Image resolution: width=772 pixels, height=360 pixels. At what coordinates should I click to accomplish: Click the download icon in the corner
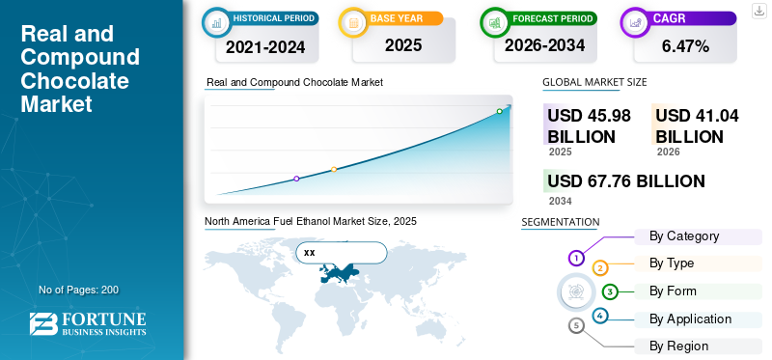pyautogui.click(x=758, y=11)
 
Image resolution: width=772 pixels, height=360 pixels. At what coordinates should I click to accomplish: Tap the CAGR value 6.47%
pyautogui.click(x=685, y=46)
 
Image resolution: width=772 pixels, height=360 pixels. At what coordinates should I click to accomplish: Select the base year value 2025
pyautogui.click(x=403, y=45)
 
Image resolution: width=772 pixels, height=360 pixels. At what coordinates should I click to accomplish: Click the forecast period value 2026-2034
pyautogui.click(x=544, y=45)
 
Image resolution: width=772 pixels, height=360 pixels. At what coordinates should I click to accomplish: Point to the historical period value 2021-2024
pyautogui.click(x=265, y=46)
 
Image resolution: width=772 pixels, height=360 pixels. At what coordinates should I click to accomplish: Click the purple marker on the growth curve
pyautogui.click(x=296, y=179)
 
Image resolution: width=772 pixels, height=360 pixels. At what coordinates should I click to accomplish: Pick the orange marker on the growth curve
pyautogui.click(x=334, y=170)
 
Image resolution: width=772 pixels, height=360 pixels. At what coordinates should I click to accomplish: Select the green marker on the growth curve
pyautogui.click(x=499, y=111)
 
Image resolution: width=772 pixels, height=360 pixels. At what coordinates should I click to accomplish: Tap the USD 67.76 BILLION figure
pyautogui.click(x=626, y=180)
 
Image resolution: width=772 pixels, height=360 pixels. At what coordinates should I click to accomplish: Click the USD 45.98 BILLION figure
pyautogui.click(x=589, y=125)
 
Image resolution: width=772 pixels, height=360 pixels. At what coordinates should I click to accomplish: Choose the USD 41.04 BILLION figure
pyautogui.click(x=697, y=125)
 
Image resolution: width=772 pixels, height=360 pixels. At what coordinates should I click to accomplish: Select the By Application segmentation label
pyautogui.click(x=690, y=319)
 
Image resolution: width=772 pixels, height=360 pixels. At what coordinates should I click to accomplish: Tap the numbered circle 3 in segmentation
pyautogui.click(x=610, y=291)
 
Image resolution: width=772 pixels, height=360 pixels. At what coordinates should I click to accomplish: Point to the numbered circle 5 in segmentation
pyautogui.click(x=576, y=325)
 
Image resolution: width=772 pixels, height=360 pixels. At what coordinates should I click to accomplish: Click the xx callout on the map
pyautogui.click(x=342, y=253)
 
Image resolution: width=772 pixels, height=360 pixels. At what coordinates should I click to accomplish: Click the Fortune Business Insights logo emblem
pyautogui.click(x=43, y=323)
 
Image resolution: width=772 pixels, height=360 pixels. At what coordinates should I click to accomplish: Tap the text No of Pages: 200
pyautogui.click(x=79, y=290)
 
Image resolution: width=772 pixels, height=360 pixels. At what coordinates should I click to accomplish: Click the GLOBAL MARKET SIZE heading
pyautogui.click(x=594, y=82)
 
